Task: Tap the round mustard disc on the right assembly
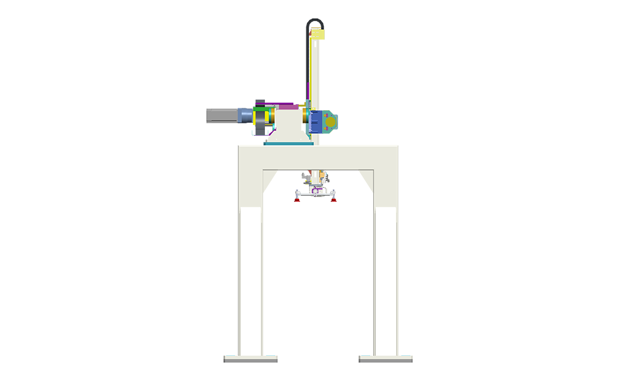329,122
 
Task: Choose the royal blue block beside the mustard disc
318,121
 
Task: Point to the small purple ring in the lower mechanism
316,191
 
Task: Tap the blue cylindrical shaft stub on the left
245,115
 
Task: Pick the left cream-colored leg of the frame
251,279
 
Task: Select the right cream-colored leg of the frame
386,279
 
